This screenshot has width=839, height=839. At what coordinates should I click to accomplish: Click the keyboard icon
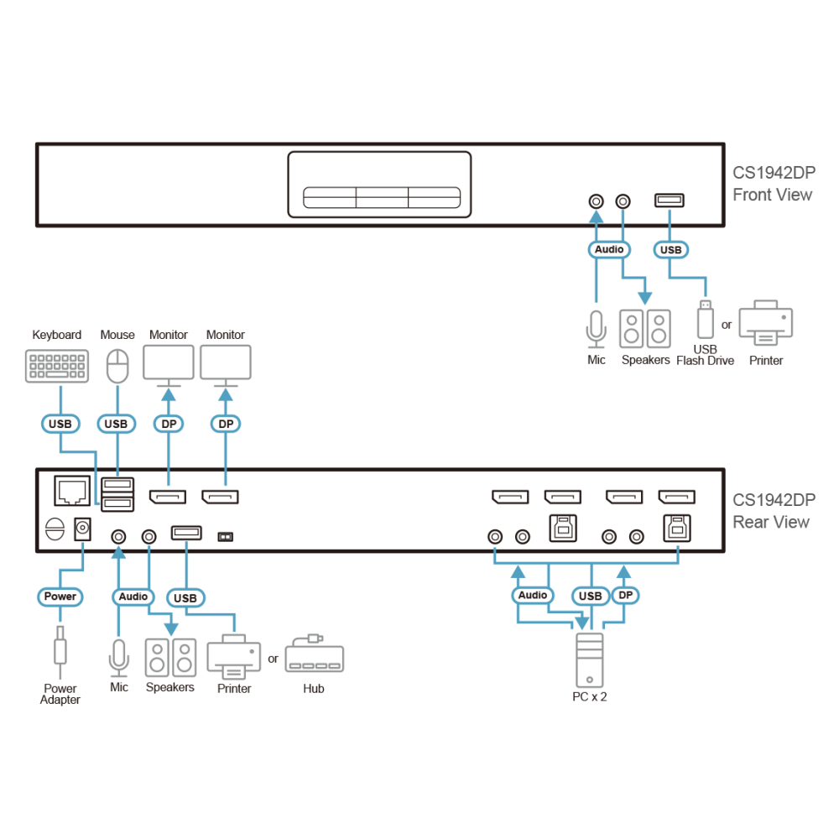[57, 366]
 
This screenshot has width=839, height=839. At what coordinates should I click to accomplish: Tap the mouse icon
[117, 366]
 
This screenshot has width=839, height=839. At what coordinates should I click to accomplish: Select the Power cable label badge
[60, 597]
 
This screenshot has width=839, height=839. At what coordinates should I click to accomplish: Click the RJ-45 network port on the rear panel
[72, 491]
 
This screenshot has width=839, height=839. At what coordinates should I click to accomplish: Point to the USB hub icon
[314, 654]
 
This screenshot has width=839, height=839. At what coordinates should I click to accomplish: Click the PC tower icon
[590, 659]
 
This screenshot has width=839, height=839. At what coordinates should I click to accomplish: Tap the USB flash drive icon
[706, 320]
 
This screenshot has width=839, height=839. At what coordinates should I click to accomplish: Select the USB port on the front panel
[670, 201]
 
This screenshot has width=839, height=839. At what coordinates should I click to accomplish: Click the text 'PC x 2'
[590, 696]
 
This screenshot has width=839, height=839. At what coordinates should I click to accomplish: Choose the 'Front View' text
[772, 195]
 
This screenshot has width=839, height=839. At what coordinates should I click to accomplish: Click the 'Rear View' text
[771, 522]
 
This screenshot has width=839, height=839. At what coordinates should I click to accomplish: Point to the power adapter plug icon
[60, 651]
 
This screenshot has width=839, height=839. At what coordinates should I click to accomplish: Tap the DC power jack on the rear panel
[82, 529]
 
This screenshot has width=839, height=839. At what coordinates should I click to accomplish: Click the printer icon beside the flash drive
[766, 322]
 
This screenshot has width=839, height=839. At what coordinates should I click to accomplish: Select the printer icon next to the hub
[234, 657]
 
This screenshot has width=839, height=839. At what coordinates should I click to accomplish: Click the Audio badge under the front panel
[609, 249]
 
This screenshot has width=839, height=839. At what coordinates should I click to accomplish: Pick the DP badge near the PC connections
[625, 596]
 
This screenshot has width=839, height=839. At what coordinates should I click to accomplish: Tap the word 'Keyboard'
[57, 335]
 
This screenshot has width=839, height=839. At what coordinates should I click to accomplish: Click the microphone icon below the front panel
[596, 329]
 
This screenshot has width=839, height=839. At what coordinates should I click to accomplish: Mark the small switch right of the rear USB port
[225, 537]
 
